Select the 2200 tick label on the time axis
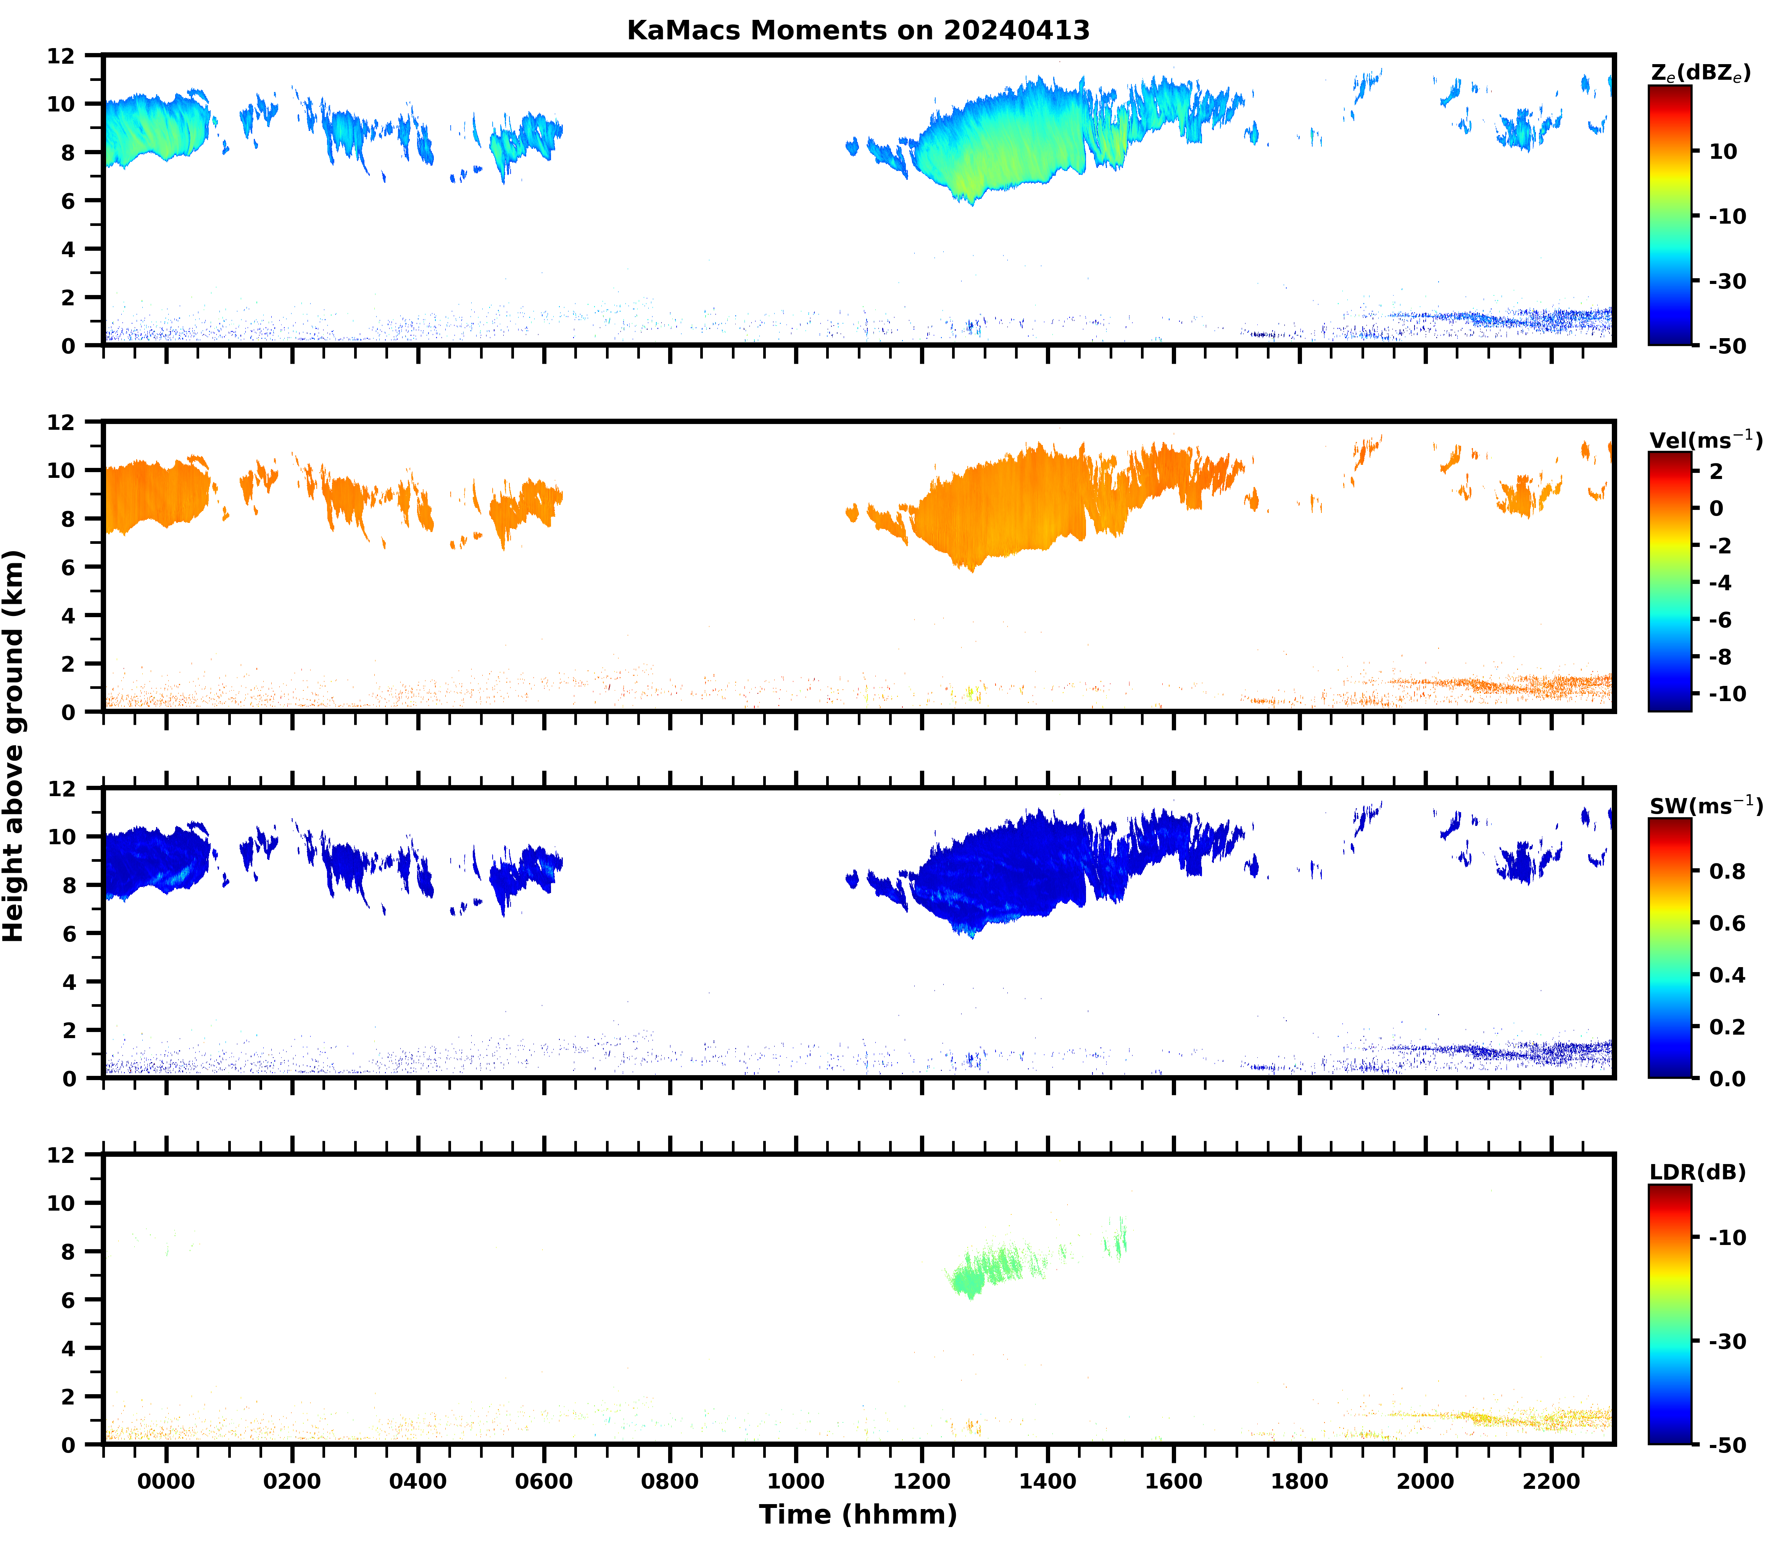[1552, 1482]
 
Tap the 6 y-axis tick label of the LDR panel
[68, 1300]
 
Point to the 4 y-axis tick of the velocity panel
[68, 616]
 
